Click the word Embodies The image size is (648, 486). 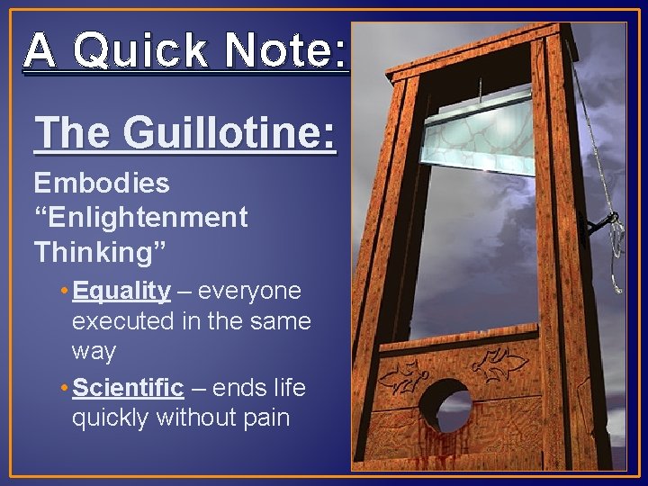(102, 184)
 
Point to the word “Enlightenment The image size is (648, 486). (140, 218)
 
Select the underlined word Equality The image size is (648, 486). (121, 291)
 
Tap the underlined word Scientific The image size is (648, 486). (128, 389)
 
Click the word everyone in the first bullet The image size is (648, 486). (250, 291)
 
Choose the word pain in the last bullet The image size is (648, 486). (263, 418)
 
